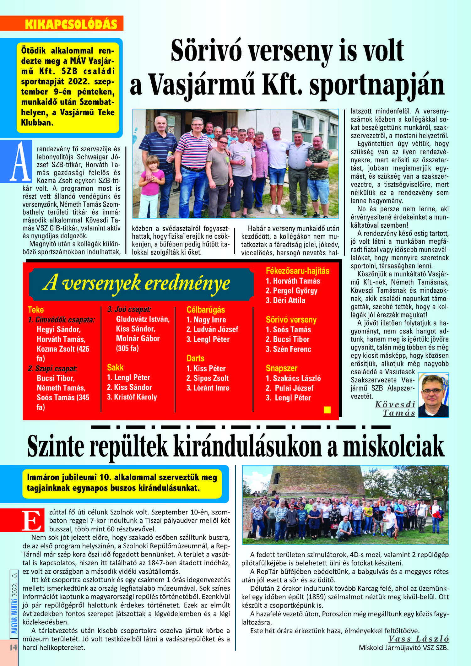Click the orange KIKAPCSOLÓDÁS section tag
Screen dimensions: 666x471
(71, 24)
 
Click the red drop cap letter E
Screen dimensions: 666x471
(32, 520)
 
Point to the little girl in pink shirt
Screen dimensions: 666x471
(152, 185)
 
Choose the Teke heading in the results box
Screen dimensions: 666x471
(36, 310)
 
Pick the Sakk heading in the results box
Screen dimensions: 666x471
(115, 367)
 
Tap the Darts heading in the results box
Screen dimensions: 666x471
(195, 358)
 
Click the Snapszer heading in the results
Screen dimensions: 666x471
(281, 368)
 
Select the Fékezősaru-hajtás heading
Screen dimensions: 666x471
(297, 271)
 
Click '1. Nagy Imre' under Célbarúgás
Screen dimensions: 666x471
(206, 320)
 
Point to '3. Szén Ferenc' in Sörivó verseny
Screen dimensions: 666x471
(288, 349)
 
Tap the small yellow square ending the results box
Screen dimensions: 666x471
(327, 409)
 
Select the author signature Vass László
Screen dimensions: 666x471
(418, 639)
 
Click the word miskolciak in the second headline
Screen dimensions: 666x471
(393, 447)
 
